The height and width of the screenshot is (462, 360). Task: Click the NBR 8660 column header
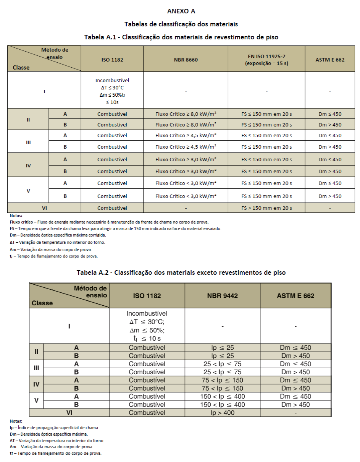pyautogui.click(x=186, y=60)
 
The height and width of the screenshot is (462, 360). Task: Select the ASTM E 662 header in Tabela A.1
pyautogui.click(x=329, y=60)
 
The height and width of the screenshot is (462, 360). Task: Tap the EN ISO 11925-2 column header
pyautogui.click(x=266, y=60)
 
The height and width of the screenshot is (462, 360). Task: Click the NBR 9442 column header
pyautogui.click(x=222, y=295)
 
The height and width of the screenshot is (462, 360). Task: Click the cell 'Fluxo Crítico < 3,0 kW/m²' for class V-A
pyautogui.click(x=186, y=183)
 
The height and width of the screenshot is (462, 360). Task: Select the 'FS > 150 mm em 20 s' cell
pyautogui.click(x=266, y=208)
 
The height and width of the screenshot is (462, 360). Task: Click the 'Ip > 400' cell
pyautogui.click(x=222, y=413)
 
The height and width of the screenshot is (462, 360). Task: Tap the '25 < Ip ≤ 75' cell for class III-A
pyautogui.click(x=222, y=364)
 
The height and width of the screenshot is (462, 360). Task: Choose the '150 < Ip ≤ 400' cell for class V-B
pyautogui.click(x=222, y=404)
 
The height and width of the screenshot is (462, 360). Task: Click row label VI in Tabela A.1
pyautogui.click(x=44, y=208)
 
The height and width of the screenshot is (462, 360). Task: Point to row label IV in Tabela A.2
pyautogui.click(x=36, y=384)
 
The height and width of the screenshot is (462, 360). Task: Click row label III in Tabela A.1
pyautogui.click(x=28, y=142)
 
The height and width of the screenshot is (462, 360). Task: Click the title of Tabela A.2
pyautogui.click(x=181, y=272)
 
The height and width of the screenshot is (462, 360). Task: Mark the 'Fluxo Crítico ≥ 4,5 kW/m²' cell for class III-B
pyautogui.click(x=186, y=147)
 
